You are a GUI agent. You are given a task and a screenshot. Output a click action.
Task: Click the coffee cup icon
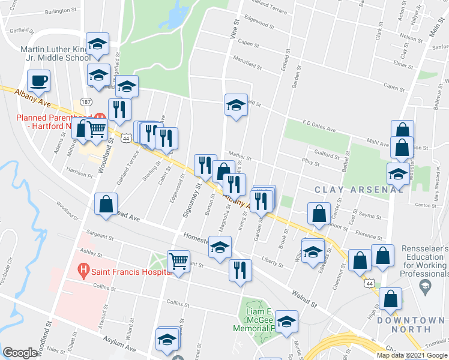[x=39, y=80]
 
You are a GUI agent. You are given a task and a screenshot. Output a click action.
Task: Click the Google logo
[x=20, y=353]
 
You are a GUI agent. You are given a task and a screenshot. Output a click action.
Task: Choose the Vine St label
[x=232, y=29]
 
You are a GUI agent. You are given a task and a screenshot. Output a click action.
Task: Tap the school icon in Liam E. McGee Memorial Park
[x=286, y=322]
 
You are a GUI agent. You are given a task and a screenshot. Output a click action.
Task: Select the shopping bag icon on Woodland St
[x=106, y=204]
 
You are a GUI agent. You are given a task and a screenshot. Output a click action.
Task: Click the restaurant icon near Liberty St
[x=240, y=269]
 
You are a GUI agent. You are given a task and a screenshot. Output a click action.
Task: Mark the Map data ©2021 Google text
[x=411, y=355]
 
